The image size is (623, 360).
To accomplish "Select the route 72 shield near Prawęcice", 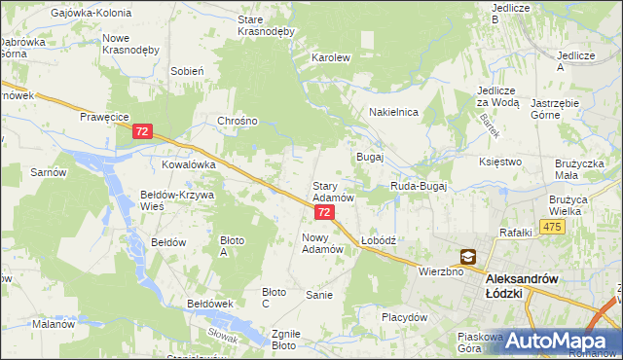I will (x=143, y=130).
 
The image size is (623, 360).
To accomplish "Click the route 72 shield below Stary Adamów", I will (x=325, y=211).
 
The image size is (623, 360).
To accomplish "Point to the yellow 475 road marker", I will (x=553, y=227).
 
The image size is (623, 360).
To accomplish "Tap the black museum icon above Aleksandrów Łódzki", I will (x=468, y=257).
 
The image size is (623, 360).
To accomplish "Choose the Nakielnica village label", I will (x=393, y=113).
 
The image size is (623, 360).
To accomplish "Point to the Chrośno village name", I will (x=238, y=122).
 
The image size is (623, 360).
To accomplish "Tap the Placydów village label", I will (x=405, y=317).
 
